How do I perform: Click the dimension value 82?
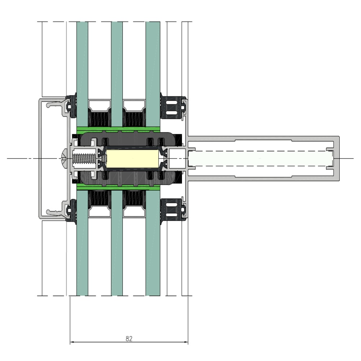pos(129,339)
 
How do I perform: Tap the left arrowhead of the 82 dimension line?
pos(71,342)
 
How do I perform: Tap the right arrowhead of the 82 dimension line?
pos(186,342)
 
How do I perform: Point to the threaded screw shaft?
pos(84,158)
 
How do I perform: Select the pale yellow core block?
pos(132,158)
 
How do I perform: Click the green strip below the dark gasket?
pos(118,188)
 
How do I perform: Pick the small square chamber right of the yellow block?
pos(177,158)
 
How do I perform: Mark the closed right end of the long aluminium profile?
pos(336,158)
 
